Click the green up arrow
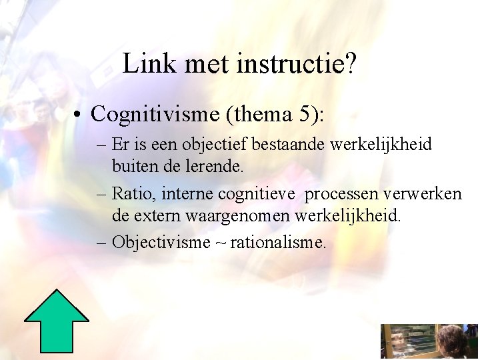click(57, 321)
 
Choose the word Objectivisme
click(161, 242)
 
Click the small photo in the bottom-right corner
click(429, 342)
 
